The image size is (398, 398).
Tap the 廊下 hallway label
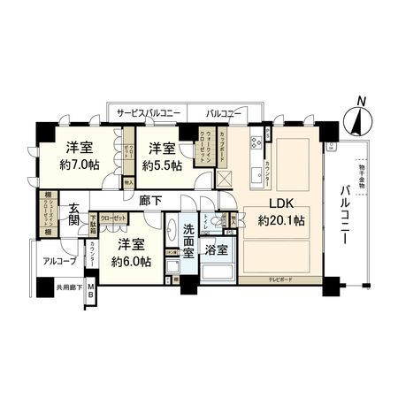(149, 201)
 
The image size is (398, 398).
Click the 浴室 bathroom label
(217, 250)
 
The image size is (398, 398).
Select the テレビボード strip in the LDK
(280, 280)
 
